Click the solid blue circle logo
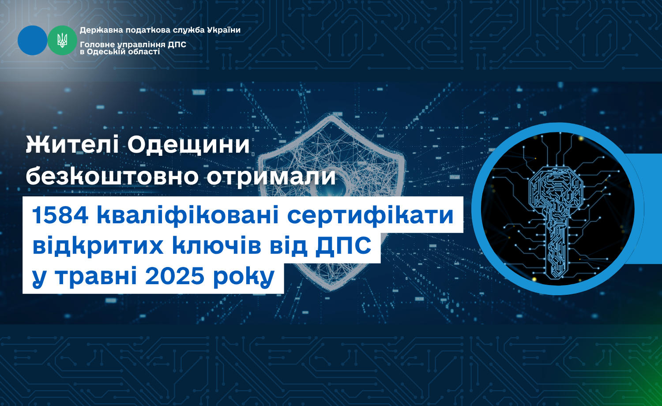click(x=33, y=41)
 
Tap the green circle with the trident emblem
click(x=62, y=41)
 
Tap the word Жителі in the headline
click(x=72, y=145)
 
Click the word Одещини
click(x=188, y=145)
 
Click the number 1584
click(x=60, y=215)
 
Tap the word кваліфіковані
click(x=188, y=215)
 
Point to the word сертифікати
click(x=370, y=216)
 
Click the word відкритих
click(x=98, y=245)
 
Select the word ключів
click(x=217, y=245)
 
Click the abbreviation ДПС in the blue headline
click(x=343, y=245)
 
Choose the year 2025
click(x=175, y=276)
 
